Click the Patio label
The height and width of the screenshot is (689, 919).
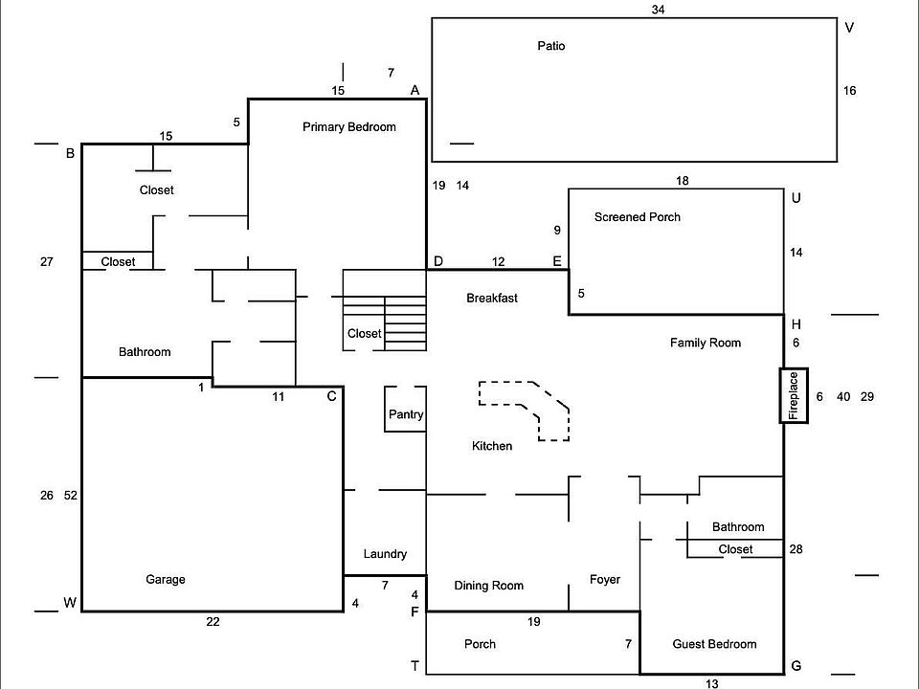[551, 46]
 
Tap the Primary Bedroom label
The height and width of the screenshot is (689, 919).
[348, 127]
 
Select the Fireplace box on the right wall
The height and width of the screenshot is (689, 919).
[794, 395]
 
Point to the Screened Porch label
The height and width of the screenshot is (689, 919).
[637, 217]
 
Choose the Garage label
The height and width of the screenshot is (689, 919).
[166, 579]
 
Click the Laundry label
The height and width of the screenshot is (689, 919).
[385, 554]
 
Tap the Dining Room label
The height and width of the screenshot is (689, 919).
[488, 586]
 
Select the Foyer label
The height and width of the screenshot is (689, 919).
[605, 579]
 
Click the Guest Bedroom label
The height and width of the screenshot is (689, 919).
[714, 644]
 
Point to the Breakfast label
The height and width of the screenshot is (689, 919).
[492, 298]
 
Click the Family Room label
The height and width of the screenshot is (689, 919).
[706, 343]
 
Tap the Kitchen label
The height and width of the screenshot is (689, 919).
[492, 446]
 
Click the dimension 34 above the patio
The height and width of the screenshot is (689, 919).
[658, 10]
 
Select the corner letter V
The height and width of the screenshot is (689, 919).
[849, 27]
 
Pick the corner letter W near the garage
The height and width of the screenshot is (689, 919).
[69, 602]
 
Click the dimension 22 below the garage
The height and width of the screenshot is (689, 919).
[213, 622]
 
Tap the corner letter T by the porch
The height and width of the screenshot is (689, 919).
[415, 667]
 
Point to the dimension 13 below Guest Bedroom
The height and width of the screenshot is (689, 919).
[711, 683]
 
